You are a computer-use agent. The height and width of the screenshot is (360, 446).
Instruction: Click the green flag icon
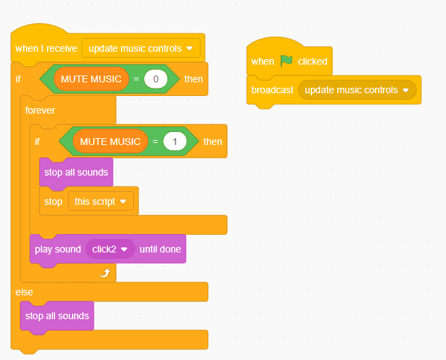click(x=286, y=61)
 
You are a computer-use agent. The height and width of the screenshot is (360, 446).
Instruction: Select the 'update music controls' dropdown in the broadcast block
click(x=357, y=91)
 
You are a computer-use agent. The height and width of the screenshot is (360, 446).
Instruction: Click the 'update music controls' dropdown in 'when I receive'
click(x=141, y=48)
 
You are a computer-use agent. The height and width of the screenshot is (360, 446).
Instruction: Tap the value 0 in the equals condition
click(x=156, y=79)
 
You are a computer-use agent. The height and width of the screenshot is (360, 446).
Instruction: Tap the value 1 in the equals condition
click(x=175, y=142)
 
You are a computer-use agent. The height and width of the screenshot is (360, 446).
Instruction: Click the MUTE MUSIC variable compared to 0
click(x=91, y=79)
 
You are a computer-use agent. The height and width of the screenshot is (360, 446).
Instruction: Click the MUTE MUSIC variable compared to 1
click(x=110, y=142)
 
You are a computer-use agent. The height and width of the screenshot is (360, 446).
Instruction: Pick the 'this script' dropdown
click(x=101, y=201)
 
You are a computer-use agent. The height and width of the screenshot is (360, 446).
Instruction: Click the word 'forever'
click(x=40, y=110)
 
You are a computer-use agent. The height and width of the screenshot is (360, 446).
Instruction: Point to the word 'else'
click(x=24, y=291)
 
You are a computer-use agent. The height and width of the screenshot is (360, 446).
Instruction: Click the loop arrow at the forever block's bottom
click(x=105, y=273)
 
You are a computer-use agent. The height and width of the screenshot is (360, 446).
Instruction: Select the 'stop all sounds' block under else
click(x=57, y=316)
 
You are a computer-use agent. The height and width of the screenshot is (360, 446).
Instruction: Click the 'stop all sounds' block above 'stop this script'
click(x=76, y=172)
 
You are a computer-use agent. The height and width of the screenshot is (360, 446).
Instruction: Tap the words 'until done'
click(x=160, y=249)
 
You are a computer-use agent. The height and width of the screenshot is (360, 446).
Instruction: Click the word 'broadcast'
click(x=272, y=91)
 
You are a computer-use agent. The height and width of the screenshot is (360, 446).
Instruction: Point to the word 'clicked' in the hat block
click(x=313, y=61)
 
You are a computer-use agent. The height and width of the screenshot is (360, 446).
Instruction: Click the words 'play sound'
click(x=58, y=249)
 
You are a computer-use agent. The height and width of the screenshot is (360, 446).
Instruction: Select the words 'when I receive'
click(x=46, y=48)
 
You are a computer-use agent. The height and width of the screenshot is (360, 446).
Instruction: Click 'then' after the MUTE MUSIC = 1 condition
click(x=213, y=142)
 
